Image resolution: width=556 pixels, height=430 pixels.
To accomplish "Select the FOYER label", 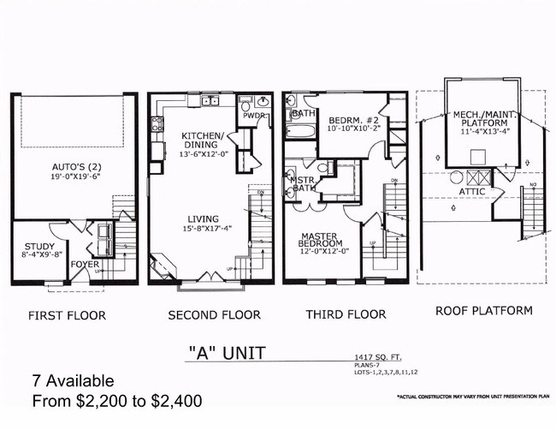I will tap(86, 264).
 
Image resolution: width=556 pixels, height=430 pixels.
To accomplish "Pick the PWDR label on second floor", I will tap(252, 115).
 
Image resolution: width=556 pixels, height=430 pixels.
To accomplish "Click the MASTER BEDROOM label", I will tap(322, 239).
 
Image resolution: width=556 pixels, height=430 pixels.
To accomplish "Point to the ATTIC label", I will tap(473, 190).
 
